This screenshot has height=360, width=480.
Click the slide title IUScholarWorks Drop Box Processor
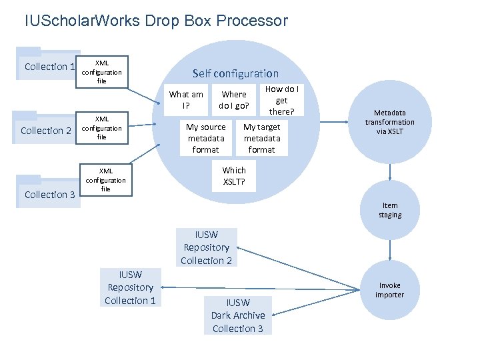[156, 21]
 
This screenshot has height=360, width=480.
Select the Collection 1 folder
[47, 66]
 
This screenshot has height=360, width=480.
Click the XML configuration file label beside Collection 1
[102, 72]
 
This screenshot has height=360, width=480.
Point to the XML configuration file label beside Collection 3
[105, 179]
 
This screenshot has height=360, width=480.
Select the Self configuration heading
[235, 73]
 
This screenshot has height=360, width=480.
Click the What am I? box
[186, 99]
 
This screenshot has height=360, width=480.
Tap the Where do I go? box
[234, 100]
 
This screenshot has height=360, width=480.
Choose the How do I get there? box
[282, 99]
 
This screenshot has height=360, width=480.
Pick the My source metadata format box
[206, 138]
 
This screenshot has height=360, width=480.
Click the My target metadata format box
[262, 138]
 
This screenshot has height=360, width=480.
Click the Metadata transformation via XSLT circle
[389, 122]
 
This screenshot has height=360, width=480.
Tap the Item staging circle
[390, 211]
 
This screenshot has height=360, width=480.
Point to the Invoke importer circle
[389, 290]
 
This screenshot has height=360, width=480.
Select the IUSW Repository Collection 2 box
[206, 247]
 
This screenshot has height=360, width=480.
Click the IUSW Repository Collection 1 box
[130, 287]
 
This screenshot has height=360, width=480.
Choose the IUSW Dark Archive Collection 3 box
[238, 315]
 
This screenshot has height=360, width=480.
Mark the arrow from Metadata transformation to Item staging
[390, 171]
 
